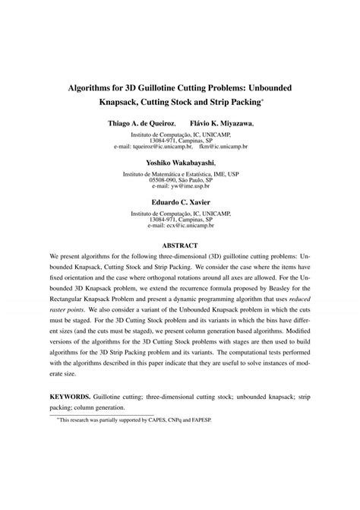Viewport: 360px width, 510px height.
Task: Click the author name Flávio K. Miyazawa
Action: click(220, 122)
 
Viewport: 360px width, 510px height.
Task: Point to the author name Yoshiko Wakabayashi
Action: click(180, 162)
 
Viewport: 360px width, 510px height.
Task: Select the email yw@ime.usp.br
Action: click(180, 185)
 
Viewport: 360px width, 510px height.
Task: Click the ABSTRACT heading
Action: click(180, 245)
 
